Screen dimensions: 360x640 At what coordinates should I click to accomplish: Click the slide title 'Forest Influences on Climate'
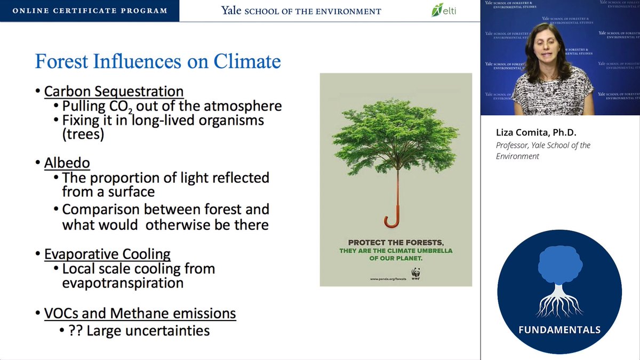pyautogui.click(x=158, y=61)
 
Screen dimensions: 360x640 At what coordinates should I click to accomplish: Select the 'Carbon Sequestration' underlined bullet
pyautogui.click(x=114, y=92)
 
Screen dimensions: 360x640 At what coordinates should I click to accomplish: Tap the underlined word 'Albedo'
pyautogui.click(x=67, y=163)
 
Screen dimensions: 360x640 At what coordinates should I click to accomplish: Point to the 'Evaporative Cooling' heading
pyautogui.click(x=107, y=254)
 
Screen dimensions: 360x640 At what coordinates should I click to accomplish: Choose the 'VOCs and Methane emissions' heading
pyautogui.click(x=140, y=313)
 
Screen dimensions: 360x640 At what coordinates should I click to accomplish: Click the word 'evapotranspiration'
pyautogui.click(x=123, y=283)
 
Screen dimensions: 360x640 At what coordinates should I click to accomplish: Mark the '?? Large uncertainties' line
pyautogui.click(x=140, y=331)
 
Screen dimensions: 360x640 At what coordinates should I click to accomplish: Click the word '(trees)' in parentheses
pyautogui.click(x=83, y=134)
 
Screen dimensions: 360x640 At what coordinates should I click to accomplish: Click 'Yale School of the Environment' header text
pyautogui.click(x=301, y=11)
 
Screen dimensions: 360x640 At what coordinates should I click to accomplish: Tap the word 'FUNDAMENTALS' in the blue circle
pyautogui.click(x=559, y=330)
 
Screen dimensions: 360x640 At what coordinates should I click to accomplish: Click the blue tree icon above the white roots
pyautogui.click(x=559, y=267)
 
